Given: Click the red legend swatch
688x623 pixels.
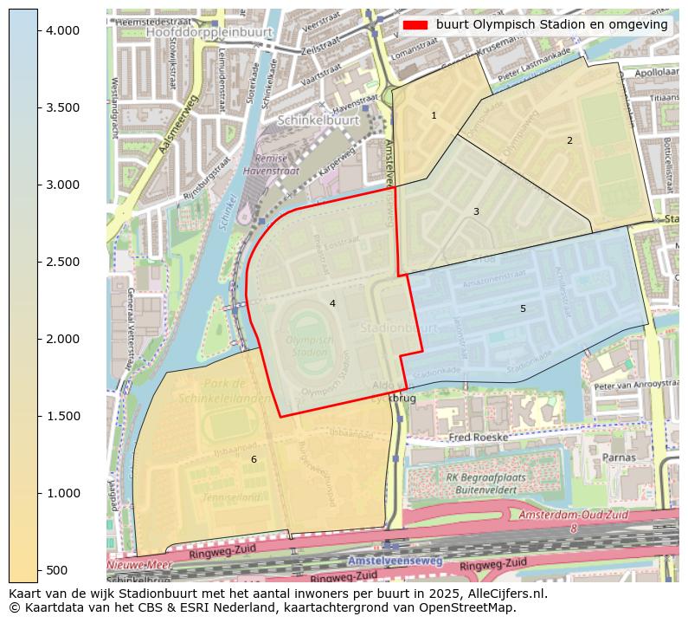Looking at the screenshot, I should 415,25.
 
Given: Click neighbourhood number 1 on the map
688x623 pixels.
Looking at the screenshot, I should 434,115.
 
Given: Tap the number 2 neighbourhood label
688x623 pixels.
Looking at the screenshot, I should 569,140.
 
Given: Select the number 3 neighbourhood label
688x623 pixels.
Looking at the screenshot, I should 475,211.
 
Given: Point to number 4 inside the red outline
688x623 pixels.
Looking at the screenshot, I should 332,303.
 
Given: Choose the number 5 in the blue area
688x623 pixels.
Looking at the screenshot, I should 523,308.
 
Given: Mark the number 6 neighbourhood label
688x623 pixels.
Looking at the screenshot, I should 254,459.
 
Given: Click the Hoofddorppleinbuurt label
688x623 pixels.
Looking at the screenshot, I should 209,31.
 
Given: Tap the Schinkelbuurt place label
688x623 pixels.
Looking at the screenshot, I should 318,123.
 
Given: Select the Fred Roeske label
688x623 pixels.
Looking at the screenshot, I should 479,438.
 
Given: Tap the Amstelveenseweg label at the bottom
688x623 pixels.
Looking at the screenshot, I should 395,561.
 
